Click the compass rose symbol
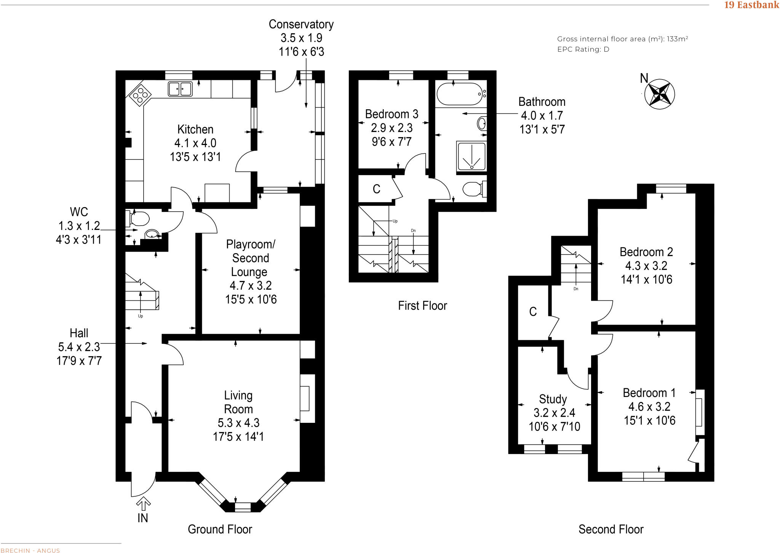tap(659, 94)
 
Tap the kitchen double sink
tap(180, 89)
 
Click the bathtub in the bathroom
tap(460, 94)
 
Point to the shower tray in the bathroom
tap(472, 156)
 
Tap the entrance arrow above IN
tap(143, 504)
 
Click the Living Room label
tap(238, 402)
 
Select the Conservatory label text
tap(301, 24)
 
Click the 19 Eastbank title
tap(751, 5)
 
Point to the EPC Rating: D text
tap(583, 49)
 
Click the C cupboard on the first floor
tap(376, 189)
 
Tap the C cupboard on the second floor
tap(533, 312)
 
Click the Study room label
tap(553, 399)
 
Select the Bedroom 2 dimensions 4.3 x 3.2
tap(646, 266)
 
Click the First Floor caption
tap(422, 306)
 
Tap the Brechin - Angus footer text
tap(30, 550)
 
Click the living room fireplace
tap(305, 398)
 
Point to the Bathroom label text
tap(542, 102)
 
